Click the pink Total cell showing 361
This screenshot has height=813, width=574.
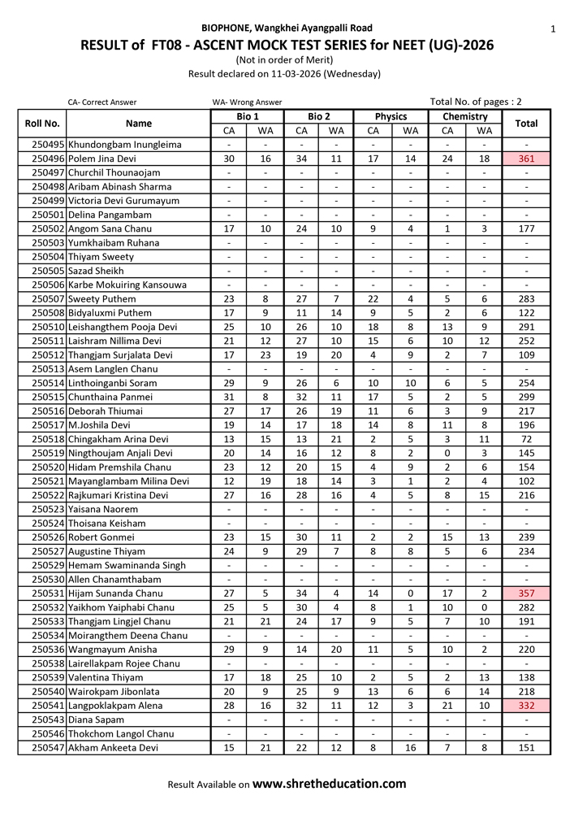coord(527,159)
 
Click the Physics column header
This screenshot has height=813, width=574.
coord(391,117)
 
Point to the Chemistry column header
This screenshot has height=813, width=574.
coord(465,117)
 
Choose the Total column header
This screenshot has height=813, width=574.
coord(527,124)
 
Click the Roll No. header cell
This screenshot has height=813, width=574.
coord(42,124)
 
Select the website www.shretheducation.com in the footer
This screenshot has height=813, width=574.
coord(330,784)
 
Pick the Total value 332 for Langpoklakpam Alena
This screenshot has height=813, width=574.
coord(527,706)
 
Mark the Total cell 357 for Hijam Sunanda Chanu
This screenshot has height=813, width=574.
coord(527,593)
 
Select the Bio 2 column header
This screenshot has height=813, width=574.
coord(319,117)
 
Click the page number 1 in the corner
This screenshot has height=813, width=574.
coord(552,29)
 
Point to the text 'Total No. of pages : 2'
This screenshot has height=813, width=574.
coord(476,102)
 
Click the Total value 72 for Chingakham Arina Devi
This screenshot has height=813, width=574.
coord(527,439)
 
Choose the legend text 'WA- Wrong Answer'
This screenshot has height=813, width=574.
coord(247,102)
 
